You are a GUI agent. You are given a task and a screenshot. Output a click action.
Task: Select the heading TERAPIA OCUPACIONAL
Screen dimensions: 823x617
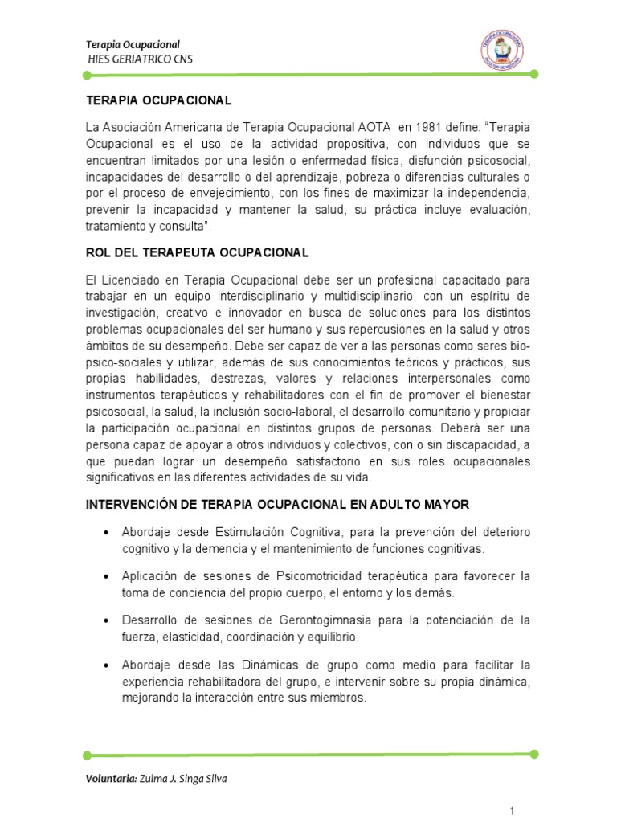point(158,100)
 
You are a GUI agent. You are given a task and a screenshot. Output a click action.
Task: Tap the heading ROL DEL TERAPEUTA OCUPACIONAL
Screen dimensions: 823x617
point(197,252)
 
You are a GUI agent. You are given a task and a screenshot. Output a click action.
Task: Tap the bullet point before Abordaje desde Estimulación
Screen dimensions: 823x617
point(107,534)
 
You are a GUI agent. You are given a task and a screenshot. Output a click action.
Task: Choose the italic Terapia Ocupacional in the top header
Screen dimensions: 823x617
point(133,44)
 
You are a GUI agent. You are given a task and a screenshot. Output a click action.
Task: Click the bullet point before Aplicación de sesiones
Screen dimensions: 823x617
point(107,578)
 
